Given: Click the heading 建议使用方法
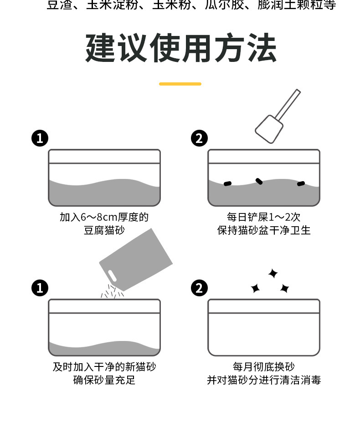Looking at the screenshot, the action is click(x=180, y=48).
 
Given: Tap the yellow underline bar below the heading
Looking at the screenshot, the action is click(x=180, y=84).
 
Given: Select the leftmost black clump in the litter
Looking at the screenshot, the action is click(x=227, y=183).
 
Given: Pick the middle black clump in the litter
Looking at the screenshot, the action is click(x=259, y=181).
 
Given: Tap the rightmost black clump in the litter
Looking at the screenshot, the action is click(x=301, y=183).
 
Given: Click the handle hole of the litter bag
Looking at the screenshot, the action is click(x=112, y=276).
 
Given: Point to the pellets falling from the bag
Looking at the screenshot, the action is click(x=112, y=292).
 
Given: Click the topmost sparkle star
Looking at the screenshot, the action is click(x=273, y=274).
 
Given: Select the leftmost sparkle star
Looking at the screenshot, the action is click(x=255, y=288).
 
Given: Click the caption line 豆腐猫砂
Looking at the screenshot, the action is click(x=104, y=230).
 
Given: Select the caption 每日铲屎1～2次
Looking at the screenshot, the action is click(x=263, y=217).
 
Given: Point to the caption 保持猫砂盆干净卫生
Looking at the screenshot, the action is click(x=263, y=230).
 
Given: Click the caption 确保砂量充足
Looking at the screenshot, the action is click(x=104, y=380).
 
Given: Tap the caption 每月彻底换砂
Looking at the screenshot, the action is click(x=263, y=367).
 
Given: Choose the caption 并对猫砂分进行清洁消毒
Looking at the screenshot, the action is click(x=263, y=380).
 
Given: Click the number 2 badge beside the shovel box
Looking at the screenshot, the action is click(x=199, y=138).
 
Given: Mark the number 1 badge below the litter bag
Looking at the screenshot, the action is click(x=40, y=288).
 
